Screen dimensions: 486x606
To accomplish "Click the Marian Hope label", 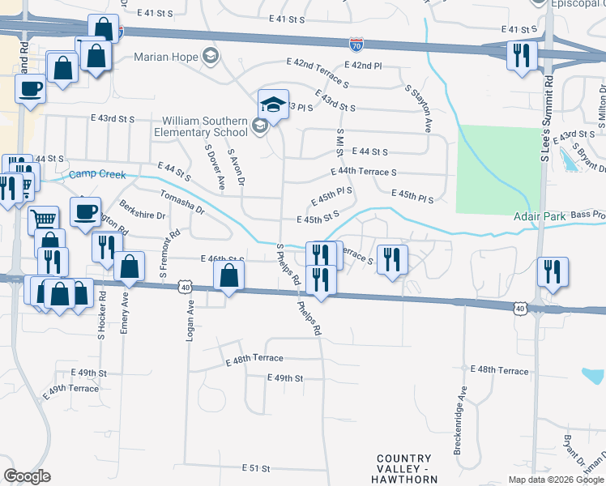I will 167,56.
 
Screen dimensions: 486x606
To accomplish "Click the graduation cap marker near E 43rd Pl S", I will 274,104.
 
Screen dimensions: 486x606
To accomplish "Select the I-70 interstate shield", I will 356,46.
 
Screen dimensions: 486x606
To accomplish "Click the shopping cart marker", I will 44,218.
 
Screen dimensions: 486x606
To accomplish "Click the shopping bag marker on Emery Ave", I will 129,265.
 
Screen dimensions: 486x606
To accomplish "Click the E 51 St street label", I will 255,468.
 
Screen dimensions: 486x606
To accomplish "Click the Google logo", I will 27,476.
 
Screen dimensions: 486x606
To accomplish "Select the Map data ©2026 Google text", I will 555,480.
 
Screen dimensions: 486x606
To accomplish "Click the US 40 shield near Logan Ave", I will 186,287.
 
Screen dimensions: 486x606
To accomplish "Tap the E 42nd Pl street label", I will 363,65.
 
